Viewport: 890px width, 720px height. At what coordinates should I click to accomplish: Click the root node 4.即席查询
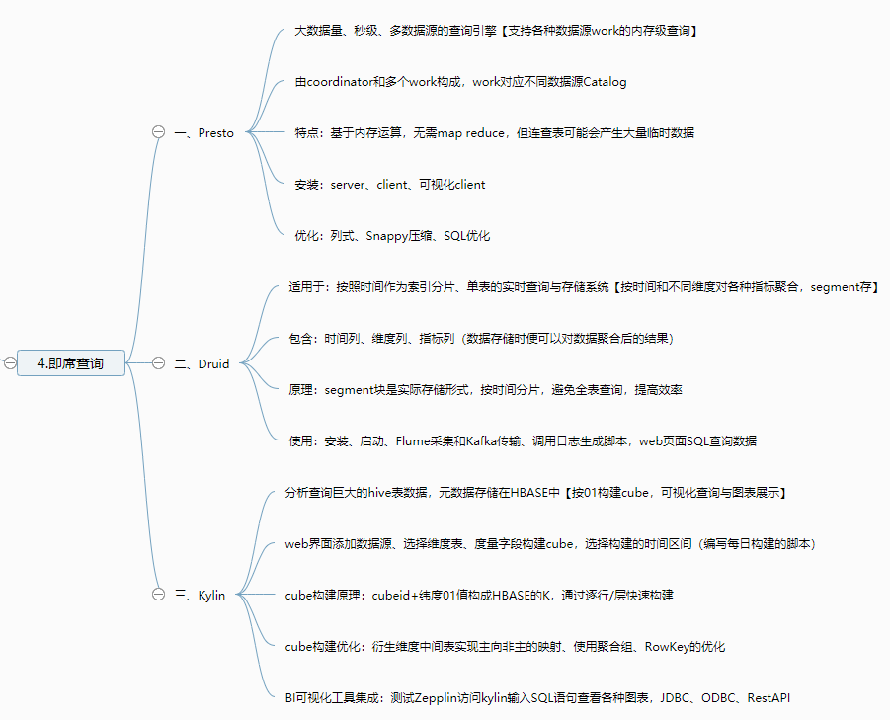click(70, 363)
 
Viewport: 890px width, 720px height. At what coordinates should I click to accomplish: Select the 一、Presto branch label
click(204, 133)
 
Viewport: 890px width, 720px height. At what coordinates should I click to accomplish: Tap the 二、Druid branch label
click(202, 363)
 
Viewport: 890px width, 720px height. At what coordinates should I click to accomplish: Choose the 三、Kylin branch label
click(200, 596)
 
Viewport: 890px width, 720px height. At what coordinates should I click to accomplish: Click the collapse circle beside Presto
click(158, 133)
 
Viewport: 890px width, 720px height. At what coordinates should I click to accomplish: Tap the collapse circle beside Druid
click(158, 363)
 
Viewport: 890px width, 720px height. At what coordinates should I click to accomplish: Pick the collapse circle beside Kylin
click(158, 596)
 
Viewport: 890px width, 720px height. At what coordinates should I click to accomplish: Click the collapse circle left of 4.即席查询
click(9, 363)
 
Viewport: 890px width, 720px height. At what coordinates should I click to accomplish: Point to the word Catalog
click(605, 82)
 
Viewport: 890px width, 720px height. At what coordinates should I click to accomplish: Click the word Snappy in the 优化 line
click(386, 236)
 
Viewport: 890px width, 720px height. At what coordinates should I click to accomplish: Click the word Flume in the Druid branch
click(414, 441)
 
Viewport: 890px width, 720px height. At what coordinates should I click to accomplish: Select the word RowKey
click(668, 647)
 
